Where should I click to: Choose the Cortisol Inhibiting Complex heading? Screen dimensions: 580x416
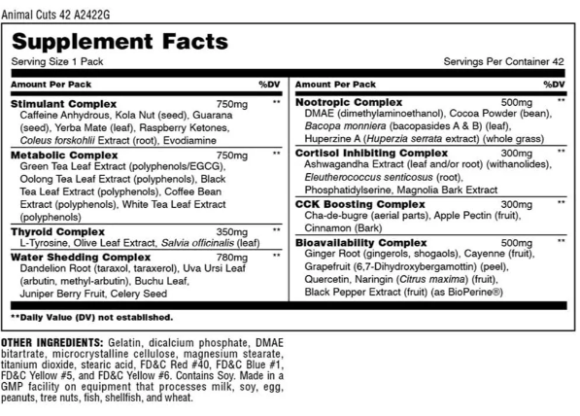(370, 153)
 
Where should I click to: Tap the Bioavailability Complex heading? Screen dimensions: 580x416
(360, 242)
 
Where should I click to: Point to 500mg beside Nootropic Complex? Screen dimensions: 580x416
(516, 102)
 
